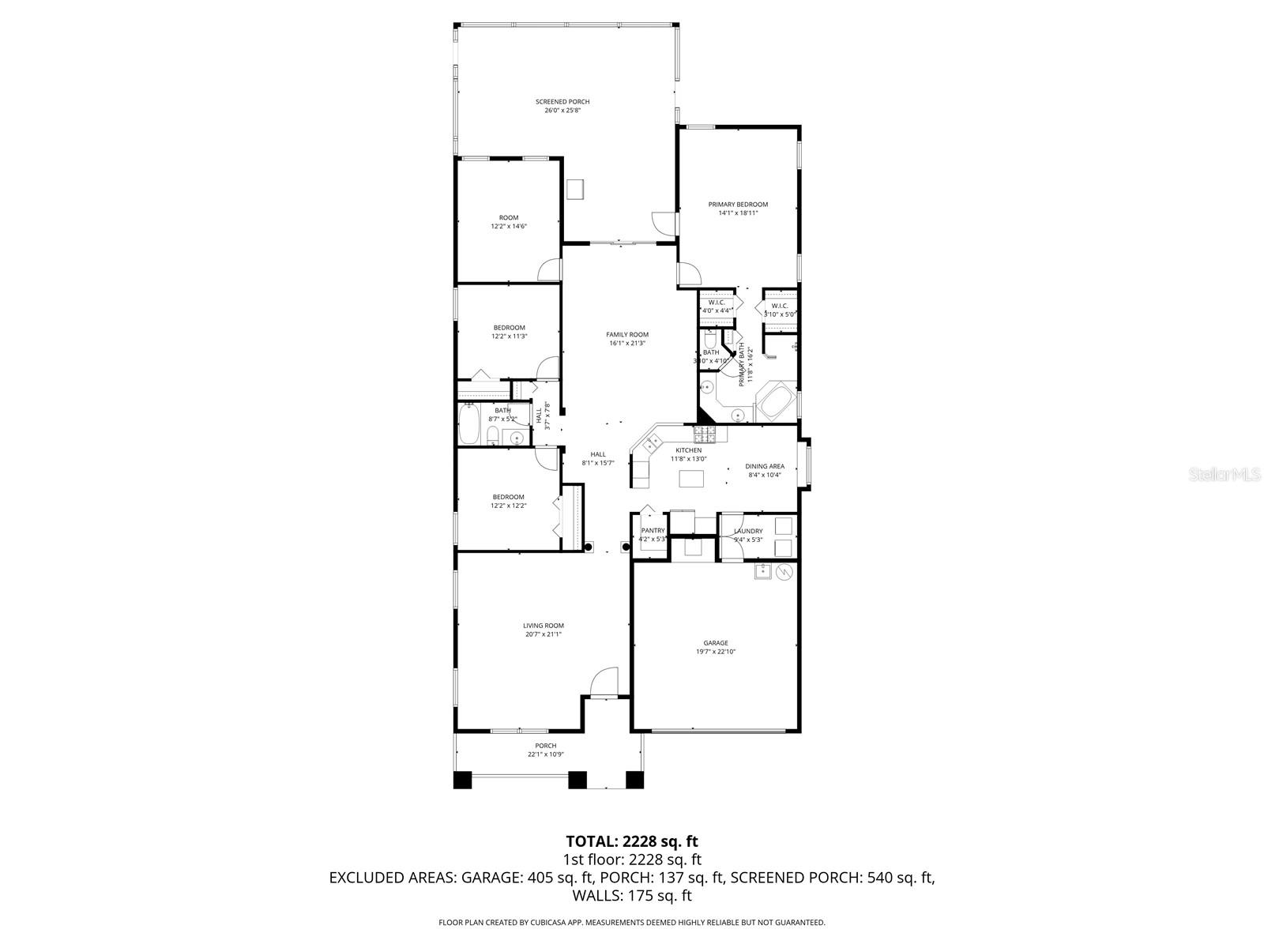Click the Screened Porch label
(562, 102)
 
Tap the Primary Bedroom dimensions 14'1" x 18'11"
(738, 213)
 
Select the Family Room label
(627, 335)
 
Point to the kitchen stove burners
(704, 434)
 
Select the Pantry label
(653, 531)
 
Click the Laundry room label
(747, 531)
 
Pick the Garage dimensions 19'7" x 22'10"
(716, 652)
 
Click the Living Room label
(544, 626)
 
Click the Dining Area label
(765, 466)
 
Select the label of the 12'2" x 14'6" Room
(509, 218)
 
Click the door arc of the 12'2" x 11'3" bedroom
(548, 369)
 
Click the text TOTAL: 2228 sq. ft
(632, 841)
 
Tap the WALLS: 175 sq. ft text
(632, 895)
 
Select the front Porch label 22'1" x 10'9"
(545, 746)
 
